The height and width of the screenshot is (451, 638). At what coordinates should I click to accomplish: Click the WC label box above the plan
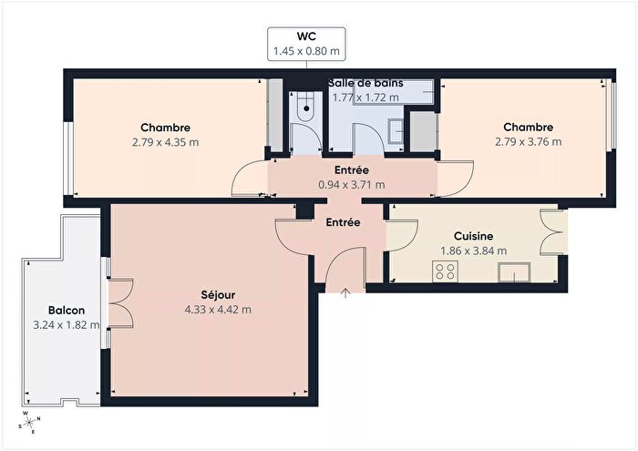pyautogui.click(x=305, y=44)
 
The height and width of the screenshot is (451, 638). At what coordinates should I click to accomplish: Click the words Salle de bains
pyautogui.click(x=365, y=83)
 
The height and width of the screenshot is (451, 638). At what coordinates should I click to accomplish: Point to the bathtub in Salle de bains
pyautogui.click(x=392, y=92)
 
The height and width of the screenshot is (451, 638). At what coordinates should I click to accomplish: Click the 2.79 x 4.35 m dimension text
pyautogui.click(x=165, y=142)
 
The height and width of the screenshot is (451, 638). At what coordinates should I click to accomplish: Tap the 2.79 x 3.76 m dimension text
pyautogui.click(x=528, y=141)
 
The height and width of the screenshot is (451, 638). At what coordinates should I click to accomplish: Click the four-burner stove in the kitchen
pyautogui.click(x=446, y=271)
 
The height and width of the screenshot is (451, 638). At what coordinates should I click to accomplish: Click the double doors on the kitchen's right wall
pyautogui.click(x=551, y=232)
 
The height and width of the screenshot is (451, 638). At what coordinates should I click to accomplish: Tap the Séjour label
pyautogui.click(x=217, y=294)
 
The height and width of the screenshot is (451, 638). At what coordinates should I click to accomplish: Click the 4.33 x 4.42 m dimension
pyautogui.click(x=217, y=309)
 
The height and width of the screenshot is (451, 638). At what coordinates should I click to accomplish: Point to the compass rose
pyautogui.click(x=28, y=423)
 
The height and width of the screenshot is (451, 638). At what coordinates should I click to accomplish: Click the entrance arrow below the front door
pyautogui.click(x=346, y=292)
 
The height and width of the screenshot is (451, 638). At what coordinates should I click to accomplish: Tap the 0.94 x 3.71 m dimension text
pyautogui.click(x=351, y=184)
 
